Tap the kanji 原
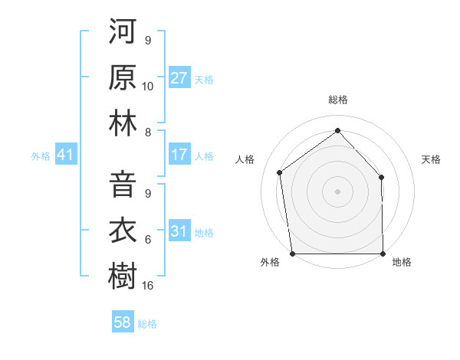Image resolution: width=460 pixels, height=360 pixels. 123,80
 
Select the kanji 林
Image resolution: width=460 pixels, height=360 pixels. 123,124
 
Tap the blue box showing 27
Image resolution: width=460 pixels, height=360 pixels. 179,78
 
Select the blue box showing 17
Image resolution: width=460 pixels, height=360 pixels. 179,155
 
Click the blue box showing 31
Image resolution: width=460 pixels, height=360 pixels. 179,231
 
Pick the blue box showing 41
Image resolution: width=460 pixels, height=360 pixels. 66,155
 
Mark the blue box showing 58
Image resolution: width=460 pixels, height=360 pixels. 123,322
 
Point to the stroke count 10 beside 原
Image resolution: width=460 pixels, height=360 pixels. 148,86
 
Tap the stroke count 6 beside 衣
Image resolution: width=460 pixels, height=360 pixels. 148,240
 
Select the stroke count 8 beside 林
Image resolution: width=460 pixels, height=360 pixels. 148,132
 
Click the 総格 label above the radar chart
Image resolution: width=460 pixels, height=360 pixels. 337,100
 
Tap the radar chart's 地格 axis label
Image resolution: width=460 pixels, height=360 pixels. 401,262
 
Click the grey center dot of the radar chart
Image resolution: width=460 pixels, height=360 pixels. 337,191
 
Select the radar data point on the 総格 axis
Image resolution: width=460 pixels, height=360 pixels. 337,131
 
